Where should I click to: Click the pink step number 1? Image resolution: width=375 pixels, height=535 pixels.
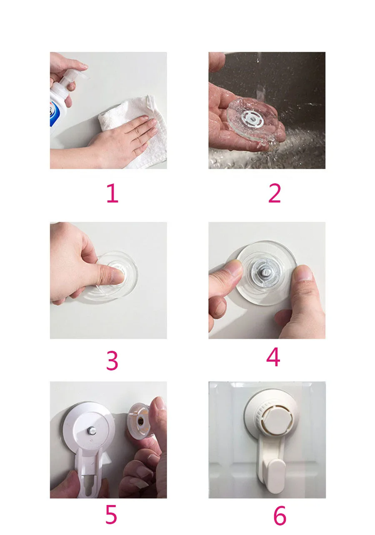point(112,193)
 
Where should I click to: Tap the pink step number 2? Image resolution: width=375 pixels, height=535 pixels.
point(274,193)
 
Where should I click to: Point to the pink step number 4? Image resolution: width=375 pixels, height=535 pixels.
point(273,357)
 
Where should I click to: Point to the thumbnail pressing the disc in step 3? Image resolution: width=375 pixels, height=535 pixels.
point(118,277)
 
